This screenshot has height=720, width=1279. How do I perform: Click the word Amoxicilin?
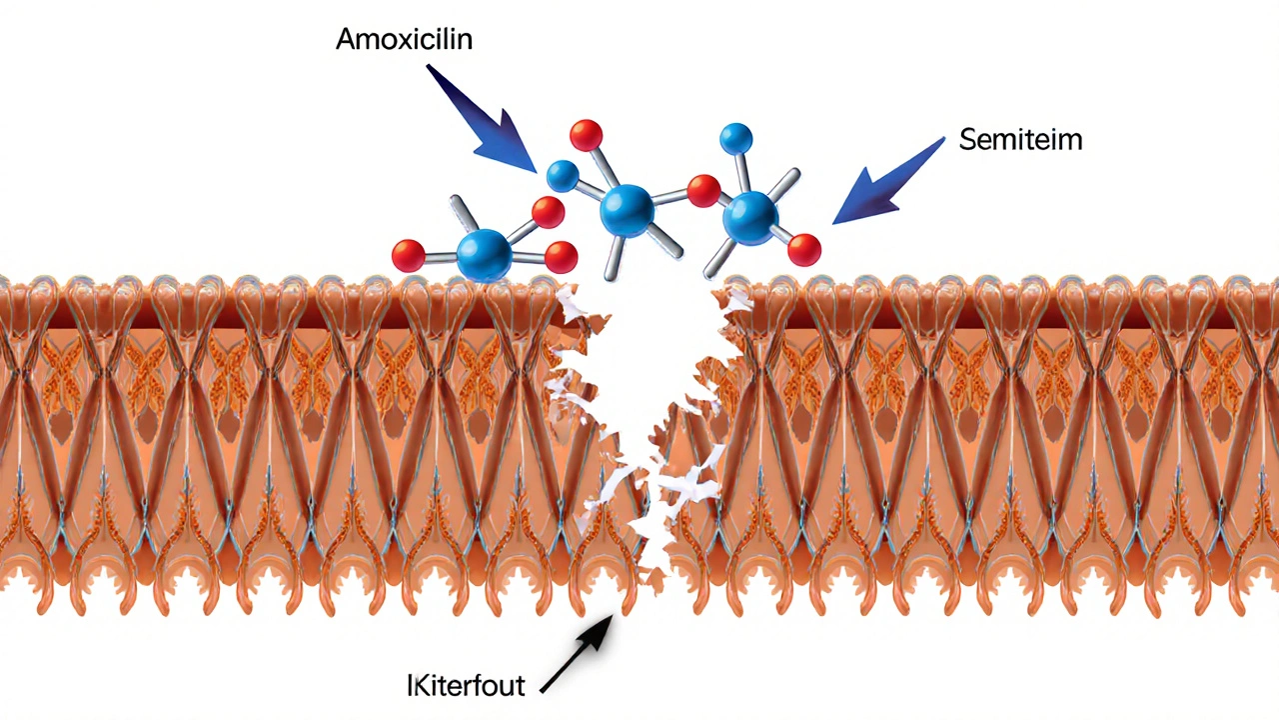pos(404,40)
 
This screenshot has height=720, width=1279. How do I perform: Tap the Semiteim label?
pos(1020,140)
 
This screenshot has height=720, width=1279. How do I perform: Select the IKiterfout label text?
pos(466,687)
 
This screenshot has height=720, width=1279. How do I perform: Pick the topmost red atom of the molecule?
pos(586,135)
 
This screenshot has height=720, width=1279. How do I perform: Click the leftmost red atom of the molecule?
pos(408,256)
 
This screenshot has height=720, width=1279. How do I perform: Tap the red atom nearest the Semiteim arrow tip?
pos(803,250)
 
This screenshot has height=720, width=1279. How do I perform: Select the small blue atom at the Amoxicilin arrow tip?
pos(563,176)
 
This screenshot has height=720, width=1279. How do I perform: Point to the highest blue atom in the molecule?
pos(735,139)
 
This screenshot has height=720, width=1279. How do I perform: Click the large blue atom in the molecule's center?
pos(627,209)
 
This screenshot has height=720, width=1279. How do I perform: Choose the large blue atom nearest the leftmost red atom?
pos(484,254)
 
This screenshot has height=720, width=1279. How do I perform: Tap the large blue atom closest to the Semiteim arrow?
pos(749,218)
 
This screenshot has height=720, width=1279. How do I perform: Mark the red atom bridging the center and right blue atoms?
pos(703,190)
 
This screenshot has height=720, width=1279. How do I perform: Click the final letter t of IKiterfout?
pos(520,687)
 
